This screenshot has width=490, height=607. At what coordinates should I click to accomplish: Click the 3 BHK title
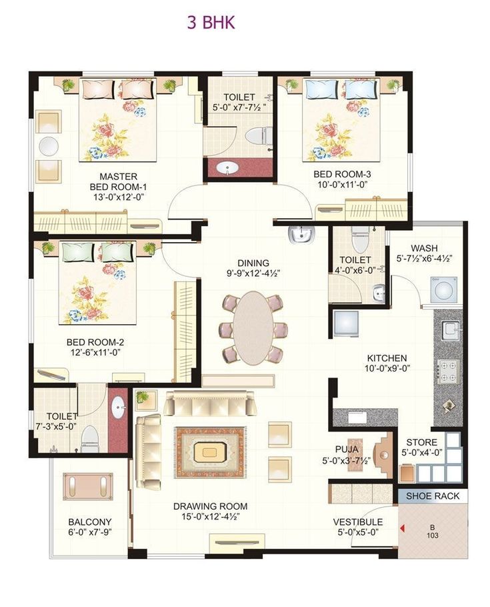pos(211,23)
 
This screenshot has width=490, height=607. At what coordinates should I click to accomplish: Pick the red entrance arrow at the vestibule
pos(403,528)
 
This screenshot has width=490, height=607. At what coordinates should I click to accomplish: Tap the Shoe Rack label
pos(433,496)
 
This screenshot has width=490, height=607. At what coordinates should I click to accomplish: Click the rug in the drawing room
pos(210,452)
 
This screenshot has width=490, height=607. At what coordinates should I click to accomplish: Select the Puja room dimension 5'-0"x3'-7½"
pos(347,461)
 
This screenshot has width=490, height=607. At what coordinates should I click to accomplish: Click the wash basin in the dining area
pos(302,235)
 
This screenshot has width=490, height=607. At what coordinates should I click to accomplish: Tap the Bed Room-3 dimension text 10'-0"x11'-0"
pos(342,185)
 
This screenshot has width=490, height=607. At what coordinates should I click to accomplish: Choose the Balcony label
pos(90,522)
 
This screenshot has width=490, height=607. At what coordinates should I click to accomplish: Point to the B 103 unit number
pos(432,531)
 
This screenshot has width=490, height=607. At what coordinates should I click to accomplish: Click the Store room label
pos(421,442)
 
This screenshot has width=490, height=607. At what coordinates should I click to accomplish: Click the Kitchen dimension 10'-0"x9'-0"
pos(387,368)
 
